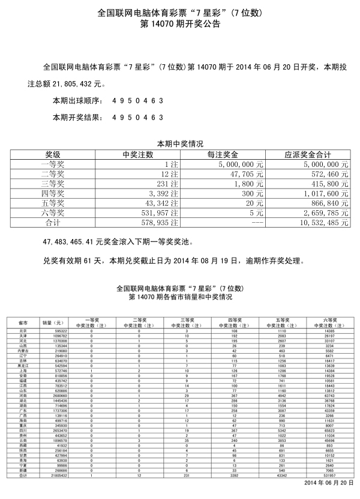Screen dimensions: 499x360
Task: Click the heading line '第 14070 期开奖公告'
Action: tap(180, 25)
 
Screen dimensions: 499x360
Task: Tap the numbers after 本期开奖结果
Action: tap(138, 117)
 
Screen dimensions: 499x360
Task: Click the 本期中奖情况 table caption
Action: tap(180, 144)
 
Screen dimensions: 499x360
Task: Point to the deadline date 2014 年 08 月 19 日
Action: tap(205, 261)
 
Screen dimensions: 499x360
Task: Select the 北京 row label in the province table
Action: tap(23, 331)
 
